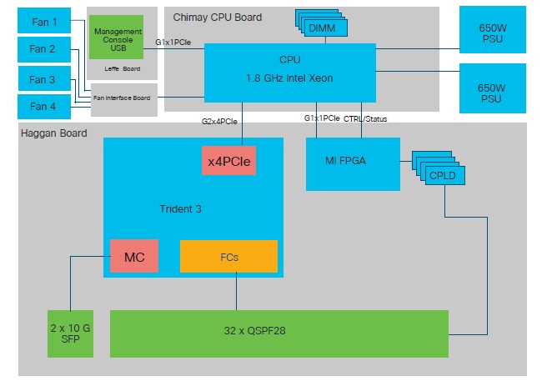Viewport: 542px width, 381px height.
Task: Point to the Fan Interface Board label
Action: (x=123, y=98)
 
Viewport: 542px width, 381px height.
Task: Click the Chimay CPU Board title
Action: (x=218, y=17)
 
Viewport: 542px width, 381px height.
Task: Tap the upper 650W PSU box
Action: (x=492, y=31)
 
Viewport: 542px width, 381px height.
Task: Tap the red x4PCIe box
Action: (x=228, y=160)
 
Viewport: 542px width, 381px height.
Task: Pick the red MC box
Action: (x=134, y=257)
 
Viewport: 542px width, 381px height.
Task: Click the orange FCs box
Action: (x=228, y=257)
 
